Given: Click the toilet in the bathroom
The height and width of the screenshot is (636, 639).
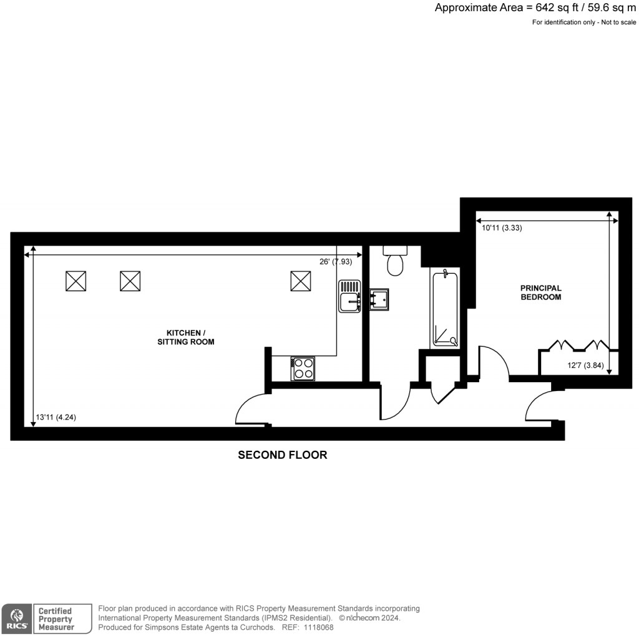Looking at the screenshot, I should pos(395,261).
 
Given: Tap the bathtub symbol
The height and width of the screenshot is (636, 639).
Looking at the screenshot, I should pos(445,309).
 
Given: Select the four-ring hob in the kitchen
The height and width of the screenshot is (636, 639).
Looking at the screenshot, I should pos(303,368).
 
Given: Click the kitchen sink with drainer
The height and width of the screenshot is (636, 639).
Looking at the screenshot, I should pos(350,296).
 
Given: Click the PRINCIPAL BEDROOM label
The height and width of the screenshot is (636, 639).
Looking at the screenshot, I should pos(541,292).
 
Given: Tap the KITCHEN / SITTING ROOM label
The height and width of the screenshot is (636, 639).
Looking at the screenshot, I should pos(186,337).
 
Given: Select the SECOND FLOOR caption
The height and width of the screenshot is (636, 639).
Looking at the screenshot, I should pos(282,455).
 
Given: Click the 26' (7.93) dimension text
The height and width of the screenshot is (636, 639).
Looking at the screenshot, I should pos(336,262).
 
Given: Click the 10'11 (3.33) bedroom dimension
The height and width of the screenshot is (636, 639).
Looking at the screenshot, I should pos(502,228).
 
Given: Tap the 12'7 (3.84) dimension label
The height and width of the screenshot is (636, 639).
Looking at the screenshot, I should pos(585,365).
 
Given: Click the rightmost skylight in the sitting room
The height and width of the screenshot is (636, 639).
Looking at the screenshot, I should pos(301,281).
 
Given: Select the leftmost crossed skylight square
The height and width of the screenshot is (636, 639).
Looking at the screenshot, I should pos(76,281).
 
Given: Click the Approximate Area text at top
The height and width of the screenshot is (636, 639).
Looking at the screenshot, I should pos(535,8).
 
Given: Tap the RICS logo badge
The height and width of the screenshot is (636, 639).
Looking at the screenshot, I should pos(15,619).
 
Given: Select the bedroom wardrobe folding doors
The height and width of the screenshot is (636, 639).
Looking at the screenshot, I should pos(578,345).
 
